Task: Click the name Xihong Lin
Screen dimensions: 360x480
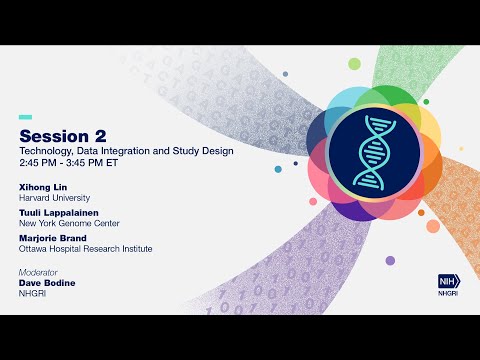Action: coord(43,186)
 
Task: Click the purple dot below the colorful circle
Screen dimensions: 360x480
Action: coord(390,261)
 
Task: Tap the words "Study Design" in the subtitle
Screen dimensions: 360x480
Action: coord(206,151)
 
